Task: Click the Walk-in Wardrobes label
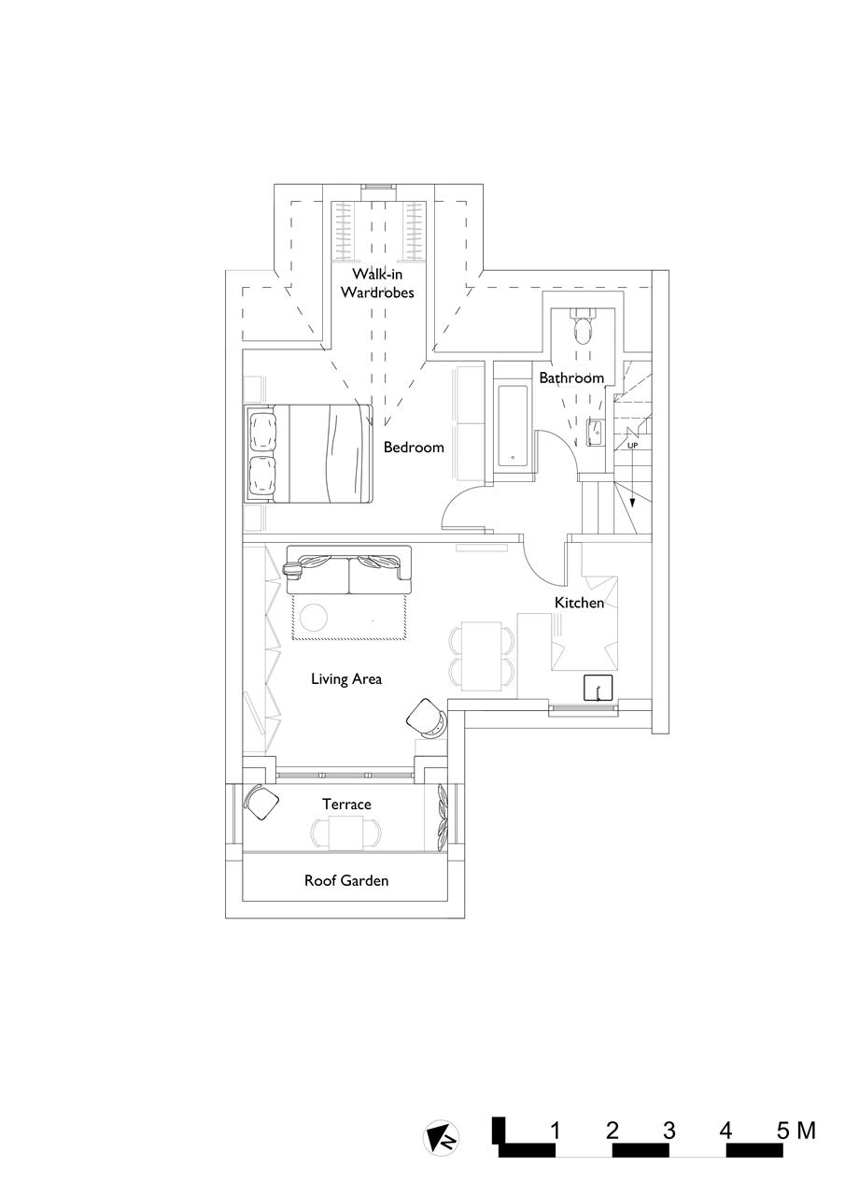376,283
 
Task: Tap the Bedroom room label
414,448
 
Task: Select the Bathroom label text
570,378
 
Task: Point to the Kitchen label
579,604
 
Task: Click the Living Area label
346,679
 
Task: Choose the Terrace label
346,804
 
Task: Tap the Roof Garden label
346,880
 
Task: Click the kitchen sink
595,688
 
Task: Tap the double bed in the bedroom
310,453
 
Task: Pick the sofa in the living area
348,571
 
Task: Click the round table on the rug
313,618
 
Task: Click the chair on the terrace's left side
261,801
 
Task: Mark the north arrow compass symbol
441,1137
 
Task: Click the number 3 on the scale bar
669,1131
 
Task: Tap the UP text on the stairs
632,445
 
